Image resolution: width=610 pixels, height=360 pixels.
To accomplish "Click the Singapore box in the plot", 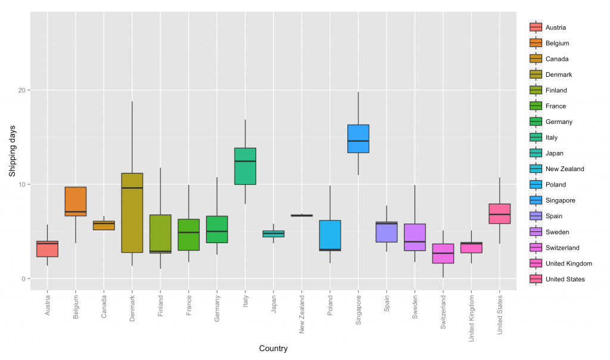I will tap(358, 138).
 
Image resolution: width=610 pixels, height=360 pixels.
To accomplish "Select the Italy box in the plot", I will tap(245, 166).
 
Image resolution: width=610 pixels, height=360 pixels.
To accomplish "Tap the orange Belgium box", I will tap(76, 201).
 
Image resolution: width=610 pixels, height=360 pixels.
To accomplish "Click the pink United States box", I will tap(499, 213).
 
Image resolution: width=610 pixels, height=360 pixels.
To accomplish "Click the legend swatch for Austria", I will tap(536, 27).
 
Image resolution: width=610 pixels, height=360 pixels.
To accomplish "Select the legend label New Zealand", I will tap(565, 169).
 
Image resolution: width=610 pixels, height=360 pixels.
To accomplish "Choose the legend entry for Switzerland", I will tap(562, 248).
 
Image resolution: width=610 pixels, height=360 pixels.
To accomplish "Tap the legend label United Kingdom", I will tap(568, 263).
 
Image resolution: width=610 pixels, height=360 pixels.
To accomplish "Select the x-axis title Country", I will tap(273, 349).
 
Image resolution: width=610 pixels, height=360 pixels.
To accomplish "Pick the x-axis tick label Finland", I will tap(161, 306).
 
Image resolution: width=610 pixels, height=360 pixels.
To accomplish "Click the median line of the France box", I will tap(189, 232).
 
